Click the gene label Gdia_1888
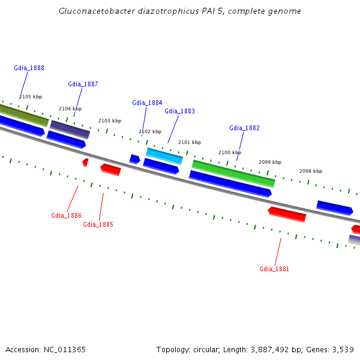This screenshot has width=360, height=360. [x=29, y=68]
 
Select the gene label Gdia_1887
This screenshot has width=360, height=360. [x=83, y=85]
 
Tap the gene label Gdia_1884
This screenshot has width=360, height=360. [x=147, y=103]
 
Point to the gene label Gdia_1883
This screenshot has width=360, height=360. [x=179, y=112]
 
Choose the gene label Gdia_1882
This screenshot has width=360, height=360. [x=244, y=128]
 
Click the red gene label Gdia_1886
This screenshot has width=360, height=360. [x=66, y=216]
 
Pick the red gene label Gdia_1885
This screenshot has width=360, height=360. [x=98, y=225]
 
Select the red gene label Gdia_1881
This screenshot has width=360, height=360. [x=274, y=269]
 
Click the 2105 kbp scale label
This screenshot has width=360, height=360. [x=31, y=97]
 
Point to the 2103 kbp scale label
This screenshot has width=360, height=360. [x=110, y=121]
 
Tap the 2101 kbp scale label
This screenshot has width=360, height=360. [x=190, y=143]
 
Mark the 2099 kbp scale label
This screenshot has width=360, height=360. [x=270, y=163]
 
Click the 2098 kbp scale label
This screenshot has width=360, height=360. [x=311, y=172]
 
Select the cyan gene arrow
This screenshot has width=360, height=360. [x=164, y=156]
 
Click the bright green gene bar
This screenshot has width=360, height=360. [x=233, y=173]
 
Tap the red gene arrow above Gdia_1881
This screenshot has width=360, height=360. [x=287, y=214]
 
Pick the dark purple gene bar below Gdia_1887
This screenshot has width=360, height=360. [x=70, y=129]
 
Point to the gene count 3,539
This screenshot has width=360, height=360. [x=343, y=350]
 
